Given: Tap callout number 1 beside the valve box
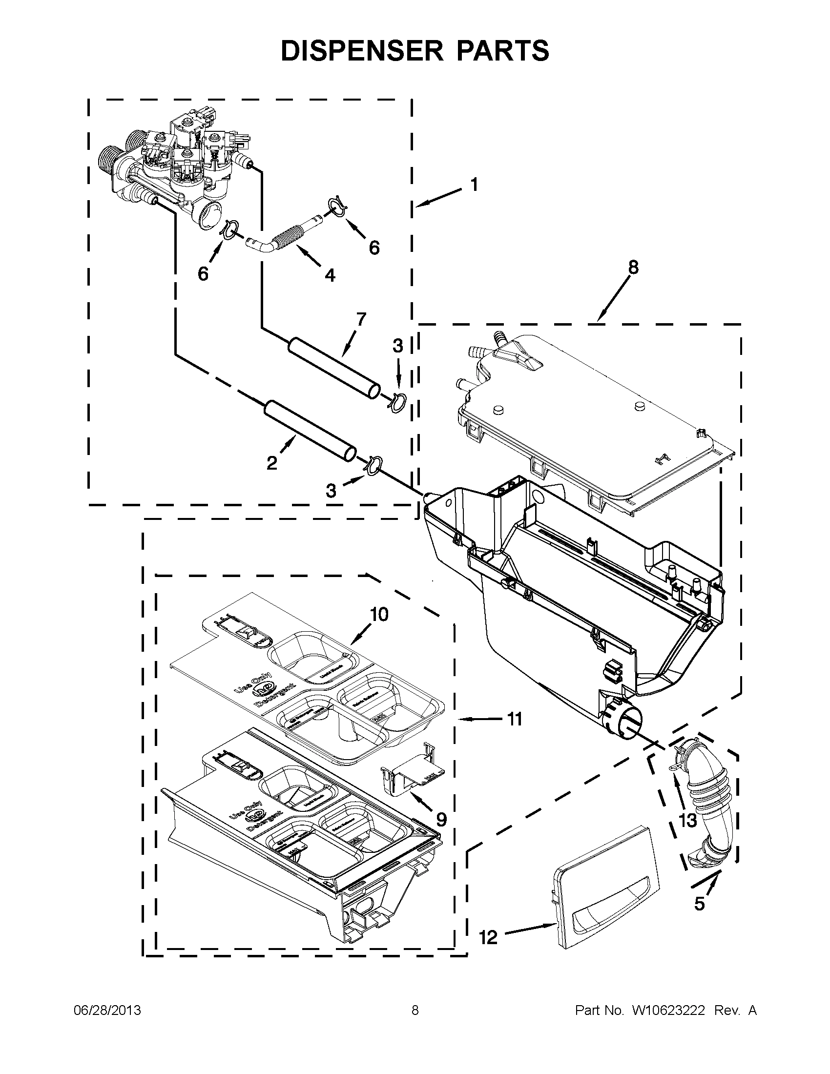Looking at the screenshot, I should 474,185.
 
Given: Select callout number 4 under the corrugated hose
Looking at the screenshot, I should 330,275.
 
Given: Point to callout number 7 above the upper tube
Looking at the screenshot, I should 361,319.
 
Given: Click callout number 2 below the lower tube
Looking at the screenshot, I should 271,462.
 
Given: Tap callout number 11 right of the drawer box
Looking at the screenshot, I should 514,720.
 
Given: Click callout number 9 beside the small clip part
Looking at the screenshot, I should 441,819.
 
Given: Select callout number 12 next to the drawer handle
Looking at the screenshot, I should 488,937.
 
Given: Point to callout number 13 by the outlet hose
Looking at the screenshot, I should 688,820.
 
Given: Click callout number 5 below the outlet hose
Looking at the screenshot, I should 699,903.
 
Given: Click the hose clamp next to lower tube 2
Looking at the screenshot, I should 373,465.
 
